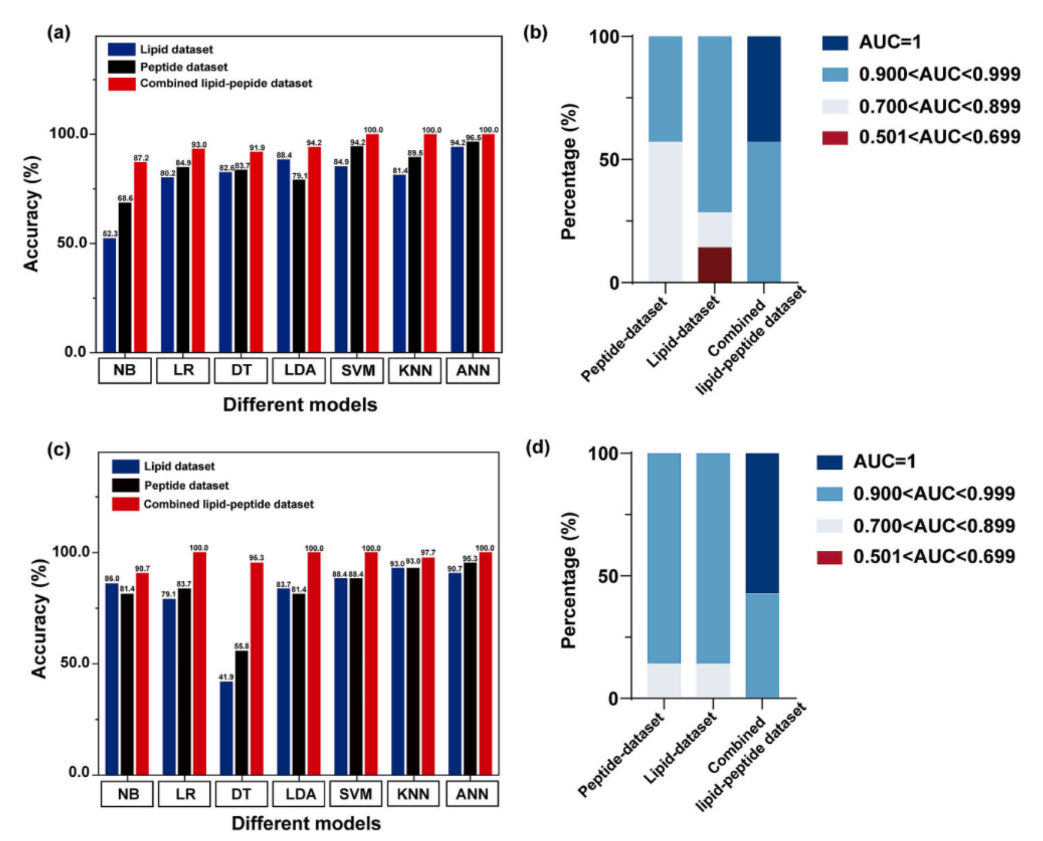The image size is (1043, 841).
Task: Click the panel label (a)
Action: [58, 33]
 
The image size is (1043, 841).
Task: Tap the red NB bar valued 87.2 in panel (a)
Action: [140, 257]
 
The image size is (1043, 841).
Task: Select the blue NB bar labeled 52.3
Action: [110, 295]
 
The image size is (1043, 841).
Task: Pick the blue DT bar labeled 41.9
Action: [227, 728]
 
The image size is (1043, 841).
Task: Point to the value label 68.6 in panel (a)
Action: [125, 198]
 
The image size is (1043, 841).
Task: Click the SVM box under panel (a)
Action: [357, 370]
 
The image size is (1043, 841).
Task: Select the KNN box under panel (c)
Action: [414, 794]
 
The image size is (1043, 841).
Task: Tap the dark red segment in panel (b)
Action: [714, 265]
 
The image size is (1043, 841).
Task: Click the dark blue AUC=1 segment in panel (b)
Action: [763, 89]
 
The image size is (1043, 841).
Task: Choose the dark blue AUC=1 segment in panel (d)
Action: [762, 523]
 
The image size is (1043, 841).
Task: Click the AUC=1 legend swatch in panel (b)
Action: [835, 42]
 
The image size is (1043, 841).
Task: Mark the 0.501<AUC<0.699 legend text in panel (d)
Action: [934, 556]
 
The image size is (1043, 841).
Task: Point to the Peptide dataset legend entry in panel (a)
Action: [183, 67]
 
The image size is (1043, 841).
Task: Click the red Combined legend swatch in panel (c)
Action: [125, 504]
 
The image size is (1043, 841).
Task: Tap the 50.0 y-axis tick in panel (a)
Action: [72, 243]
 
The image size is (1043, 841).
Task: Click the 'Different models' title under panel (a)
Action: [300, 405]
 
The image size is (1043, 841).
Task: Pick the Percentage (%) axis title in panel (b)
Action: [569, 172]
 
